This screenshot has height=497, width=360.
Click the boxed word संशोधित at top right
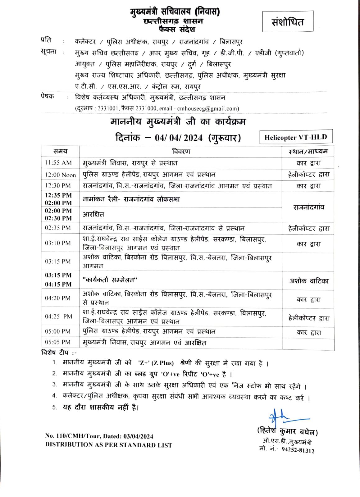[x=287, y=22]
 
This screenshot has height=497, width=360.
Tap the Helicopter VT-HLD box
[x=296, y=137]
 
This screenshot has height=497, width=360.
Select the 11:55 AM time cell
[x=58, y=163]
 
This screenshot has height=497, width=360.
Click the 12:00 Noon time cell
[x=60, y=175]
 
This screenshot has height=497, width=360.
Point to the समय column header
[x=60, y=151]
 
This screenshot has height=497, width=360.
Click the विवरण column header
[x=181, y=151]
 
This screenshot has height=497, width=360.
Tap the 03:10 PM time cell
[x=58, y=243]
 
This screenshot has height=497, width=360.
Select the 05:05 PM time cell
[x=58, y=342]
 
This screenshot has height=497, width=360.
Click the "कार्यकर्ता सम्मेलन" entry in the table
[x=110, y=280]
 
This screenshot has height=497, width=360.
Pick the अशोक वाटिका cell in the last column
[x=309, y=281]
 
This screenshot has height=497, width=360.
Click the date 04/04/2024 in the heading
[x=179, y=138]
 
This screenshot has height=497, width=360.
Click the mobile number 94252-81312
[x=298, y=450]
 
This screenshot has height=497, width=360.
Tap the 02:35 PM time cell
[x=58, y=228]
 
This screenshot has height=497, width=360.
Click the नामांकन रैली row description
[x=131, y=199]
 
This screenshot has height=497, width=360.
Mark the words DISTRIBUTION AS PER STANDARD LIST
[x=108, y=445]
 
